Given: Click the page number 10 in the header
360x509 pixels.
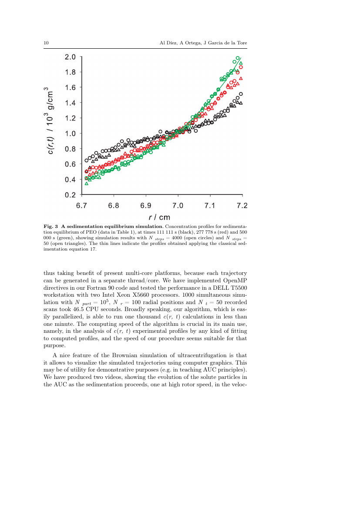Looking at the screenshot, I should pos(46,43).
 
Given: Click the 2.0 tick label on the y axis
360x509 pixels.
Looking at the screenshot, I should pos(71,57).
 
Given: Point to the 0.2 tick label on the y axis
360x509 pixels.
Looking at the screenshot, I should pos(71,195).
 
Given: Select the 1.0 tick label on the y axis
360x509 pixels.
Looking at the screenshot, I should pos(71,134).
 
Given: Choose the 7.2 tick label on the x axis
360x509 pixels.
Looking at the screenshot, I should pos(242,205).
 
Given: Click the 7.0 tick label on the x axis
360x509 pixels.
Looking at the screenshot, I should pos(178,205).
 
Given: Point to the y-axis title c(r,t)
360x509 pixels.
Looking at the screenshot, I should pos(51,143).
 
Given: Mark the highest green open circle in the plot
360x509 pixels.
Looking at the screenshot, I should pos(238,58).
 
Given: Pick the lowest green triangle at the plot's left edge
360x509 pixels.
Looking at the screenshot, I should pos(86,183).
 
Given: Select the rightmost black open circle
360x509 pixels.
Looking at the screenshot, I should pos(241,94).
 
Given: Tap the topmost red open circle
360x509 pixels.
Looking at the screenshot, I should pos(241,67).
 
